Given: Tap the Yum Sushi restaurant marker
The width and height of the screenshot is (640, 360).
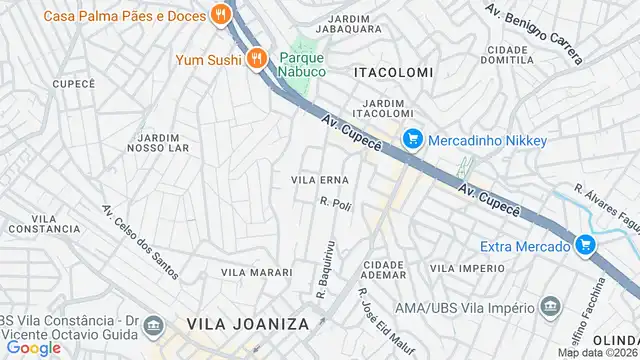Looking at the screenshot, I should (257, 58).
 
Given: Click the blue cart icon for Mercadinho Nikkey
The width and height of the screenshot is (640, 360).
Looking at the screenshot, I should (409, 141).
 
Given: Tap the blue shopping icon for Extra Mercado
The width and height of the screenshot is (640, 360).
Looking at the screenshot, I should (586, 246).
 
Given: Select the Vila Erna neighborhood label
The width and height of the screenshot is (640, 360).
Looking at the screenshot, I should (319, 180).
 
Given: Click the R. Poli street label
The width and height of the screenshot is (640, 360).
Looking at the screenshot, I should (337, 205).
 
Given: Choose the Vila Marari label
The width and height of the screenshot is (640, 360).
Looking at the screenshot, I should (256, 272).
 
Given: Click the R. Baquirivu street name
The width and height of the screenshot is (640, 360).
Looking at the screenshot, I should (323, 268).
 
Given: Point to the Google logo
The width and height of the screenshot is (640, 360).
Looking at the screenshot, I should (33, 348).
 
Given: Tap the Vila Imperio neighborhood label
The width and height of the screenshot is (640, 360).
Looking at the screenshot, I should (467, 269).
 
